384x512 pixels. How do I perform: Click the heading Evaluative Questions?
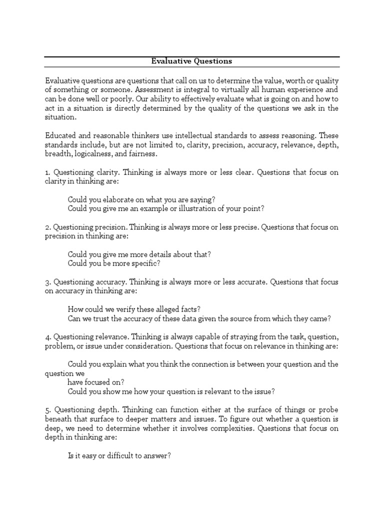[192, 61]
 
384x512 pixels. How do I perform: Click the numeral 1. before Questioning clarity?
[47, 172]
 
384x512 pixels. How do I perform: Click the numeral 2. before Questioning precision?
[47, 227]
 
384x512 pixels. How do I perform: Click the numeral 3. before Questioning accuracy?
[47, 282]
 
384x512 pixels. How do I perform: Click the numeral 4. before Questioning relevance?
[47, 337]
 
